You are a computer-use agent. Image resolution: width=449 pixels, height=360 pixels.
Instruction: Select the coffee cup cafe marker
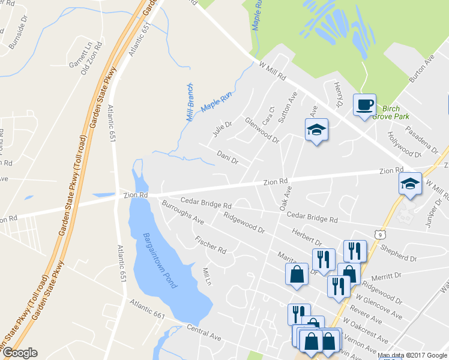click(364, 106)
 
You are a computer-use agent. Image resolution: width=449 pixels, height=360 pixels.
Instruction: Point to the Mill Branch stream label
click(190, 102)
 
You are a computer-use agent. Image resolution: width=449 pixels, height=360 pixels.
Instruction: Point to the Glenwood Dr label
click(262, 130)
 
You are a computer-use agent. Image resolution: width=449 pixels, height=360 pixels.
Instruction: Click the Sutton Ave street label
click(287, 109)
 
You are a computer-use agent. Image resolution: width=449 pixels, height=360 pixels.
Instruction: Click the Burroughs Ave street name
click(183, 213)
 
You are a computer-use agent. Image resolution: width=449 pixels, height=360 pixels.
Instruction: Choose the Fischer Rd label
click(210, 244)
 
